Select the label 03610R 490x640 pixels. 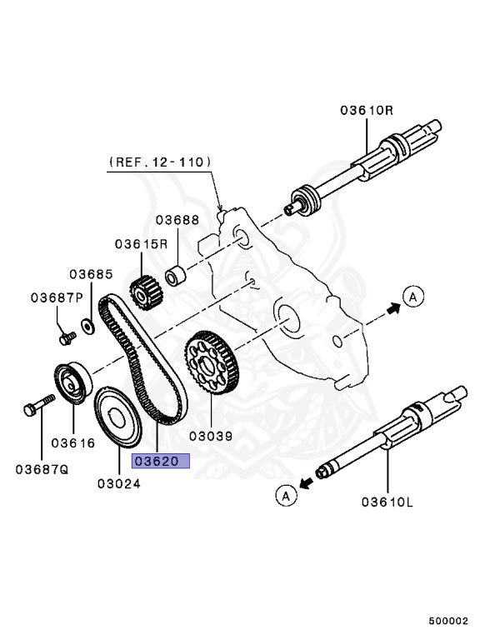coord(366,111)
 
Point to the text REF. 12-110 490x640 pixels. coord(159,162)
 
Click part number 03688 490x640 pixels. coord(177,220)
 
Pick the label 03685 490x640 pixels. coord(91,274)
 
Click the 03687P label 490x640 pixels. coord(57,297)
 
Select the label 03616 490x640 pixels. coord(74,442)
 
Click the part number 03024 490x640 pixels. coord(117,482)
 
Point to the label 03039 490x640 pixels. coord(210,435)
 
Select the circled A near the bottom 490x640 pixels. coord(285,496)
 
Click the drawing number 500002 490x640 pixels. coord(449,621)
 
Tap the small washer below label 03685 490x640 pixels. coord(87,323)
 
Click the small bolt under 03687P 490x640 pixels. coord(68,337)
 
